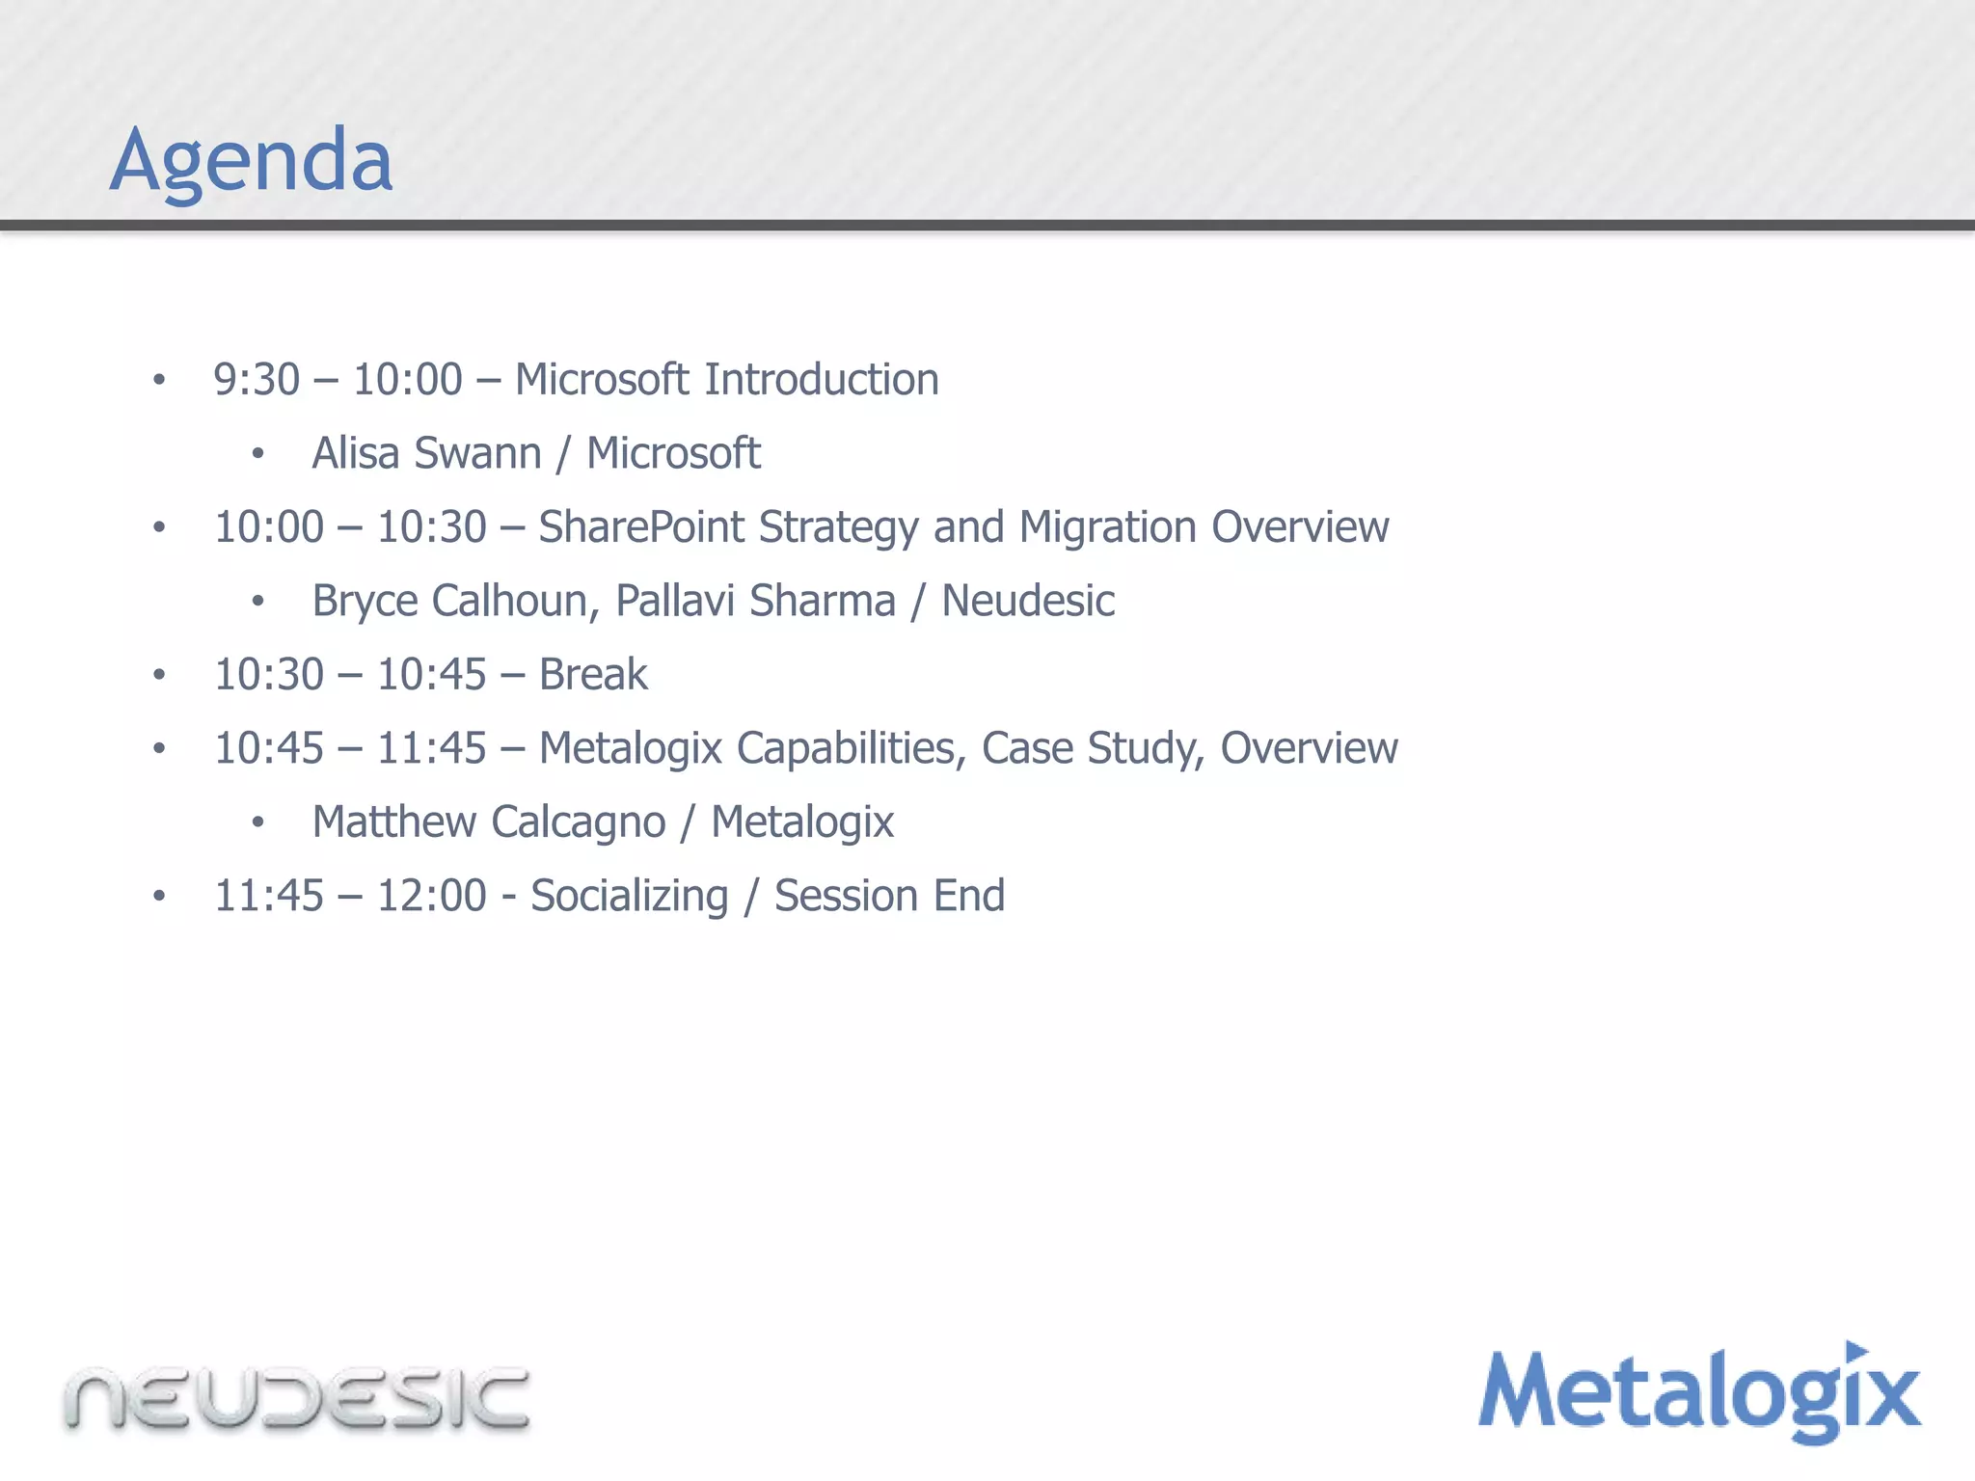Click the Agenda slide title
pyautogui.click(x=251, y=160)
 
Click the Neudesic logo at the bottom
pyautogui.click(x=297, y=1398)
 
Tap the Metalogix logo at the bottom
pyautogui.click(x=1699, y=1392)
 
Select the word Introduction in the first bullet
pyautogui.click(x=821, y=379)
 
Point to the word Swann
pyautogui.click(x=477, y=453)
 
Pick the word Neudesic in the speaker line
pyautogui.click(x=1028, y=601)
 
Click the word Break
pyautogui.click(x=593, y=675)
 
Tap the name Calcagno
pyautogui.click(x=578, y=822)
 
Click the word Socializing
pyautogui.click(x=630, y=897)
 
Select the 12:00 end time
pyautogui.click(x=431, y=896)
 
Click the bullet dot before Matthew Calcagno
pyautogui.click(x=257, y=822)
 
